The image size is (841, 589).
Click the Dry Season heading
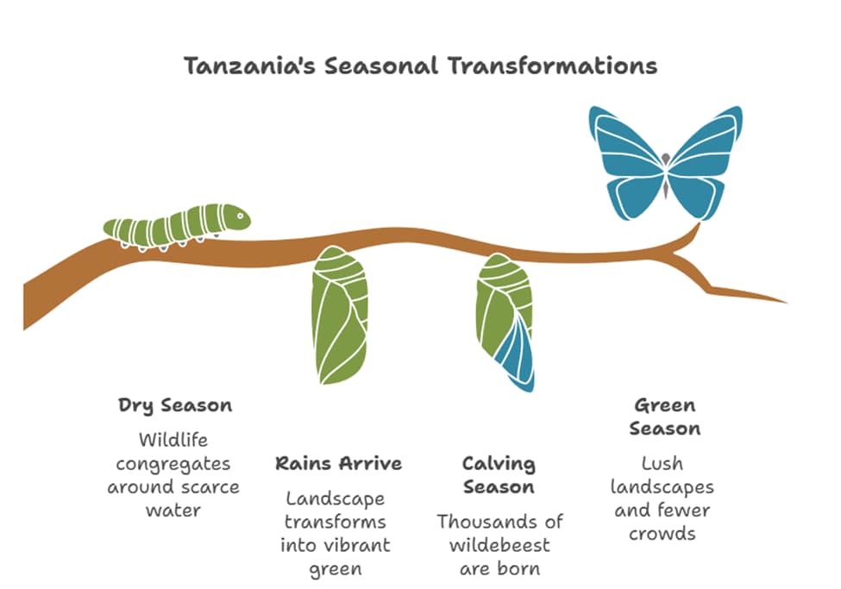point(175,405)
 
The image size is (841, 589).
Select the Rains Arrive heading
point(338,463)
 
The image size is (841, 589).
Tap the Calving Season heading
point(499,475)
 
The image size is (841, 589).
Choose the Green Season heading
point(664,417)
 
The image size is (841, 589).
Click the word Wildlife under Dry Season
point(173,441)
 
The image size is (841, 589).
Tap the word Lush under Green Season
point(662,464)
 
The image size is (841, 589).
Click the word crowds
point(662,533)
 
